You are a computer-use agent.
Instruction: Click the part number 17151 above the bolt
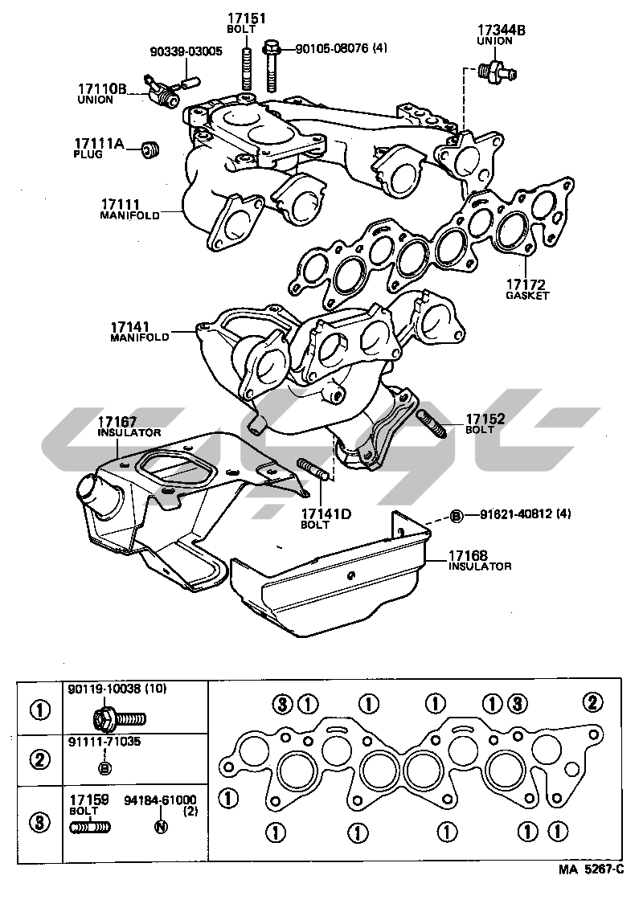[x=247, y=18]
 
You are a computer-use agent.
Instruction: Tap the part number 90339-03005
[x=186, y=51]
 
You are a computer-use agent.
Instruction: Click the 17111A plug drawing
[x=150, y=149]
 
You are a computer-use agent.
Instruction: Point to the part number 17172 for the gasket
[x=526, y=284]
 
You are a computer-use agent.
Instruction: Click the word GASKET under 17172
[x=527, y=296]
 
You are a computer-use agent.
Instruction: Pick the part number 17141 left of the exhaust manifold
[x=131, y=327]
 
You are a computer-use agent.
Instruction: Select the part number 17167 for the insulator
[x=117, y=421]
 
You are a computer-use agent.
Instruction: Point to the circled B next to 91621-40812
[x=456, y=515]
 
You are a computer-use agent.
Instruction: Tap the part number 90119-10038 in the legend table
[x=104, y=689]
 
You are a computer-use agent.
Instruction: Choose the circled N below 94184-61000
[x=160, y=827]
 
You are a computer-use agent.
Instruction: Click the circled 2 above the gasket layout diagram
[x=592, y=703]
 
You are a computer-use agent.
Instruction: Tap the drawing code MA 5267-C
[x=591, y=869]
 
